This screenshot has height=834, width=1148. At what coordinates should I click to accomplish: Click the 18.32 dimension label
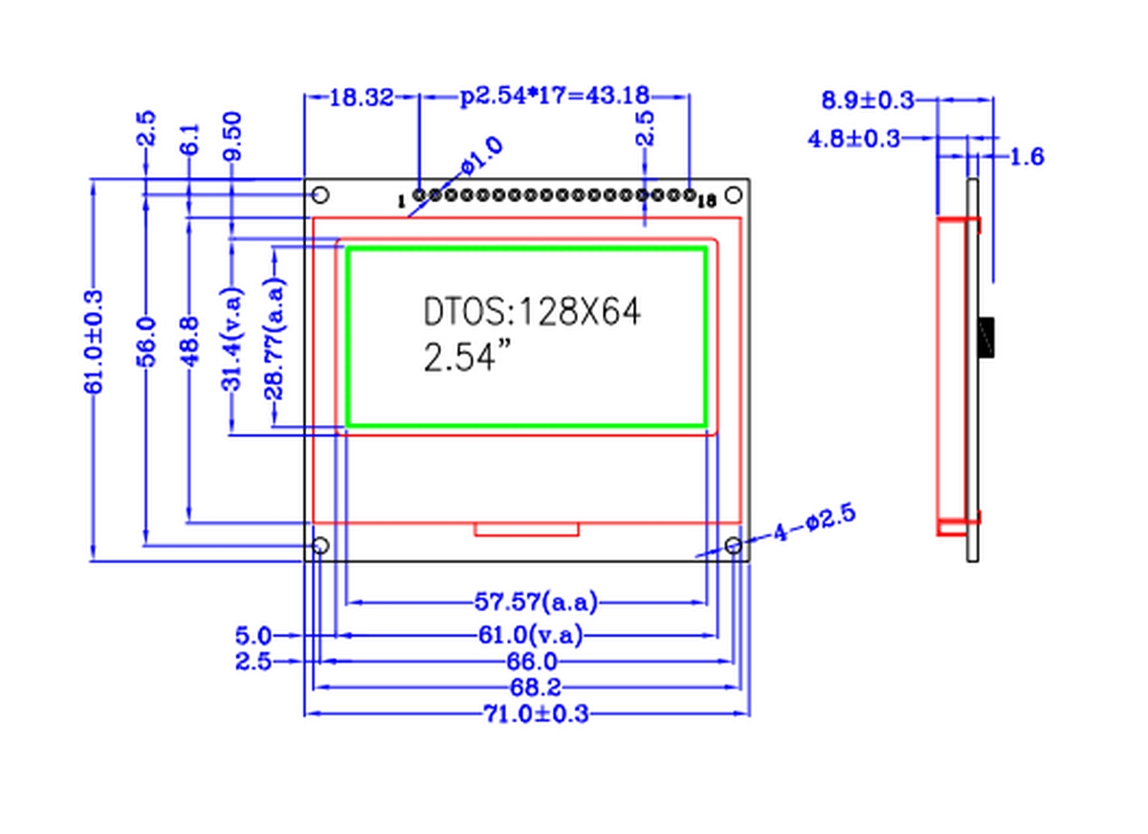362,98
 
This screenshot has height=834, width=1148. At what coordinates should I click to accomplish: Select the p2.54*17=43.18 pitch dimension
555,96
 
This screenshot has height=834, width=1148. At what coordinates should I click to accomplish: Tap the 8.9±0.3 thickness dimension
868,100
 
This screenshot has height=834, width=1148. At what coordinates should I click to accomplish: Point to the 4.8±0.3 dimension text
853,139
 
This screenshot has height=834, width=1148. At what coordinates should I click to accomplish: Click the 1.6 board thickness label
1027,156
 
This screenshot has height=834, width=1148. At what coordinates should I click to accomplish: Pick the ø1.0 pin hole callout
482,155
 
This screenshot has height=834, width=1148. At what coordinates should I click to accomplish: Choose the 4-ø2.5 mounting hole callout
814,523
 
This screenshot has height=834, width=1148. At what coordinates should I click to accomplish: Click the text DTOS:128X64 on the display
532,311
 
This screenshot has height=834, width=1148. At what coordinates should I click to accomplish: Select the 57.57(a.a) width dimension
536,601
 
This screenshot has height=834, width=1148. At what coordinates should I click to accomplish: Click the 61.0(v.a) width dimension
530,635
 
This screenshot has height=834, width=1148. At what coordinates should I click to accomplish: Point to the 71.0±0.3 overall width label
536,713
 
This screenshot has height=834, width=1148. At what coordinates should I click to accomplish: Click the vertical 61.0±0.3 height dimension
94,342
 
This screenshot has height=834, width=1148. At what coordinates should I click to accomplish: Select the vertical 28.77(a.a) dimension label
275,339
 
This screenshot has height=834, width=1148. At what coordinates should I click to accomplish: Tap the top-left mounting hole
320,195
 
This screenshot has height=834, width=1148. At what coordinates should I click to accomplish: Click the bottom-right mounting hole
734,545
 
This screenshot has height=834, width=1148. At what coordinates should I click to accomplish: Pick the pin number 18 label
707,202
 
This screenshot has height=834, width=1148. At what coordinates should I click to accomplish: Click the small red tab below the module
526,530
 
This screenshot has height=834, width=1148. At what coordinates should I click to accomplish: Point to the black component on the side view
986,337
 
